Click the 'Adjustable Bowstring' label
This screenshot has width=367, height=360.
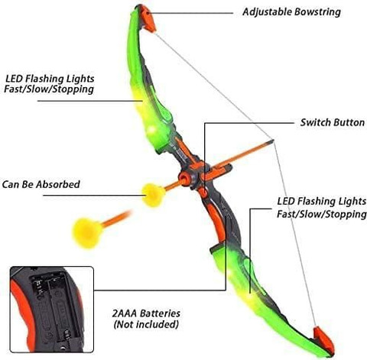[291, 12]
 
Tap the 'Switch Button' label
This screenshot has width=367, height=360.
[333, 122]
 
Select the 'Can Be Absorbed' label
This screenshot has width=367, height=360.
[41, 184]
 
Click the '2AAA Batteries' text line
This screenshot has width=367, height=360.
[146, 313]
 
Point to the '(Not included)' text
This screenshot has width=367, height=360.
[146, 324]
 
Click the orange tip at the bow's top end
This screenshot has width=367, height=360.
[148, 18]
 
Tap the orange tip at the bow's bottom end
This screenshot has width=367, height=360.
[323, 341]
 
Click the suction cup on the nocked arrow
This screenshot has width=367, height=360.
[153, 195]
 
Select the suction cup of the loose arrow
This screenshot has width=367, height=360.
[87, 233]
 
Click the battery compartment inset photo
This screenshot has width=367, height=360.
[52, 310]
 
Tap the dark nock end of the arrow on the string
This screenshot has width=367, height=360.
[270, 142]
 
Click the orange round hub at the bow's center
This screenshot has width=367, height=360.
[184, 177]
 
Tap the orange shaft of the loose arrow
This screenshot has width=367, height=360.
[117, 219]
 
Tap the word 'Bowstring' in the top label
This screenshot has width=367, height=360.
[317, 12]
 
